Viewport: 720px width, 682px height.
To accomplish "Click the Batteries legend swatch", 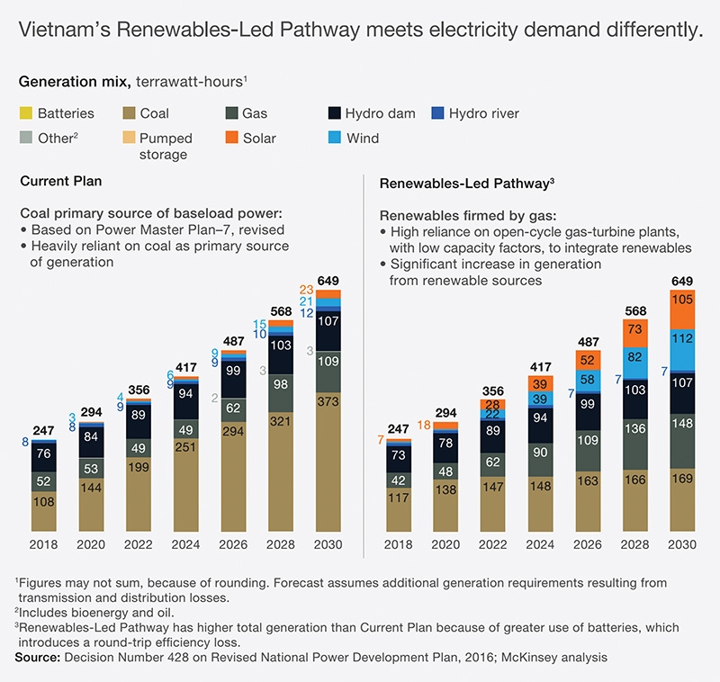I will pyautogui.click(x=26, y=114).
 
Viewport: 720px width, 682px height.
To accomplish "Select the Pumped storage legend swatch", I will pyautogui.click(x=128, y=139).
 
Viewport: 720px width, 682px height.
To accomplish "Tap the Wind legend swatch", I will pyautogui.click(x=335, y=139).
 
